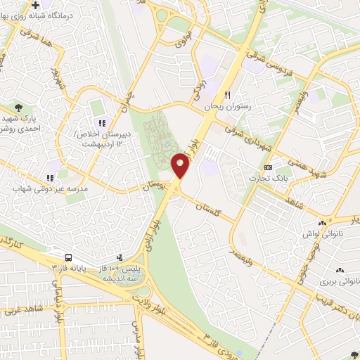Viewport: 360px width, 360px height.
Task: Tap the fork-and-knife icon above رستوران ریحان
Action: (227, 95)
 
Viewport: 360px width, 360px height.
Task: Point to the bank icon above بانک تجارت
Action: (268, 169)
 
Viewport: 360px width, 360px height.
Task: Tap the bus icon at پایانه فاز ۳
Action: (69, 257)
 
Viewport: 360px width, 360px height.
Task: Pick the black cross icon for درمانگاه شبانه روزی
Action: (35, 6)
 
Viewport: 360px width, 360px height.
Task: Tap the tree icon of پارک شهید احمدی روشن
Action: (18, 107)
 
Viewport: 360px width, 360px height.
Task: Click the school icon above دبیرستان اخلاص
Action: (101, 105)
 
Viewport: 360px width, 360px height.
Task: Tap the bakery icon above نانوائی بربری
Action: (340, 270)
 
